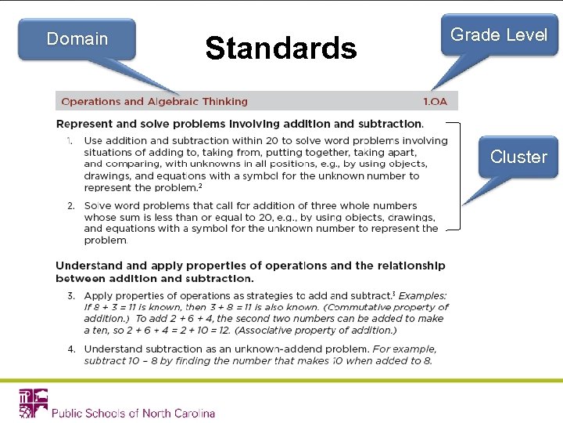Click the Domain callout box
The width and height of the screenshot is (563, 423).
coord(77,39)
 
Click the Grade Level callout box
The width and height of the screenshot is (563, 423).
coord(499,35)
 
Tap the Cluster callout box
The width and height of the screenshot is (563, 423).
coord(518,157)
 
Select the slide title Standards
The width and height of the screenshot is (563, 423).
coord(281,49)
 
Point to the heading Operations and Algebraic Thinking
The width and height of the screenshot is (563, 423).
coord(154,101)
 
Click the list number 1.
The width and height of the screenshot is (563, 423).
coord(70,141)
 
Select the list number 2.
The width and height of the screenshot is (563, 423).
coord(70,205)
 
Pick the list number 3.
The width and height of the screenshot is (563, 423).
coord(70,295)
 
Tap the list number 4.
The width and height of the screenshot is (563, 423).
coord(70,349)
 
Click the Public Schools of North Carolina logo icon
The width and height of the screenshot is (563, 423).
coord(33,403)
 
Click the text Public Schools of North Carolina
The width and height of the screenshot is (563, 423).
coord(133,413)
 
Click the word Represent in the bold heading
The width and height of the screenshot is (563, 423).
coord(84,124)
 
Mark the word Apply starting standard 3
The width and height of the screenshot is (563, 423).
coord(98,295)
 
